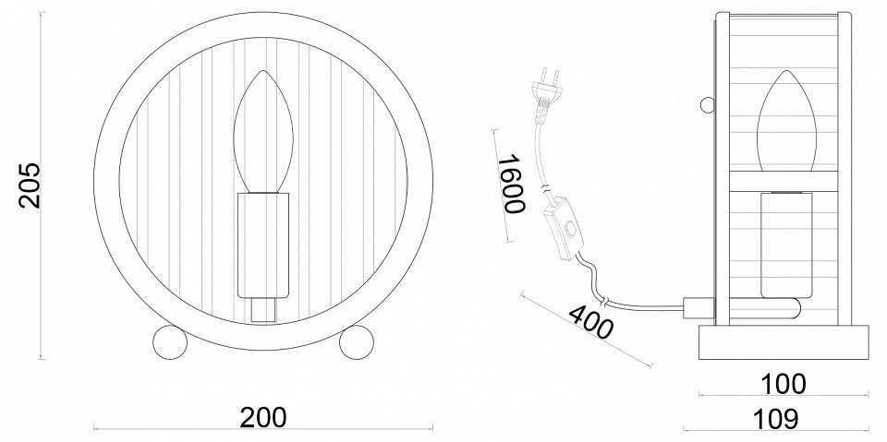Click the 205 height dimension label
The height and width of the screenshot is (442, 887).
(x=30, y=185)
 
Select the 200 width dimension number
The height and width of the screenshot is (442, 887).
(x=263, y=417)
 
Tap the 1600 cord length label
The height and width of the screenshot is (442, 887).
(x=511, y=185)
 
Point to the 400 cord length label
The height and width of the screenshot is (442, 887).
(x=590, y=322)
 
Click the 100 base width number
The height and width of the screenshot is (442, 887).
(x=783, y=385)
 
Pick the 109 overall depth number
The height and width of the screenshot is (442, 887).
(x=775, y=419)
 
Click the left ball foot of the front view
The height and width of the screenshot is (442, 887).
(x=170, y=341)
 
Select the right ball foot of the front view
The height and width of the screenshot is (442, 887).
(x=357, y=341)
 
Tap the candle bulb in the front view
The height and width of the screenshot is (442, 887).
(x=263, y=131)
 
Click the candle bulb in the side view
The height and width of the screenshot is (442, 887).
(x=785, y=121)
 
